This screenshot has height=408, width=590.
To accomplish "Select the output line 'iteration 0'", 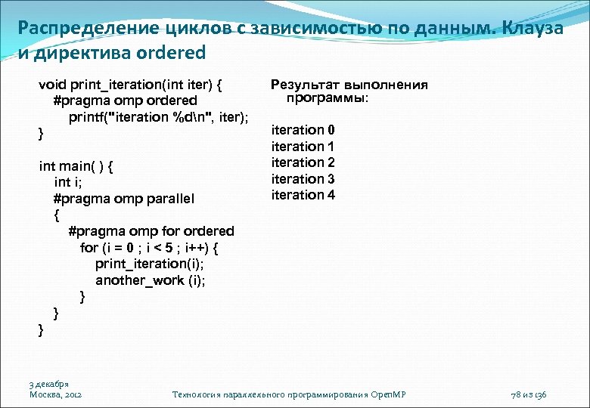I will pos(303,130).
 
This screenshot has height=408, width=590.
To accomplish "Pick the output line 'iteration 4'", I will pos(303,195).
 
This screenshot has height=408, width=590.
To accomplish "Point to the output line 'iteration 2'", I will pos(303,162).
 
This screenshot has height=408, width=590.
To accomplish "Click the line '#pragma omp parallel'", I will pos(124,198).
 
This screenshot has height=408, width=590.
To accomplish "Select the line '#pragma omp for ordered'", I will pos(151,230).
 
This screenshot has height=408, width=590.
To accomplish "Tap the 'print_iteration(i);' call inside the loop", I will pos(150,264).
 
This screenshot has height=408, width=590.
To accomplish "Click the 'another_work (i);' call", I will pos(150,280).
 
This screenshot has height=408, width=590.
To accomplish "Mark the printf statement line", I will pos(159,116).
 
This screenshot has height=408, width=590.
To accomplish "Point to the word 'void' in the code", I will pos(53,84).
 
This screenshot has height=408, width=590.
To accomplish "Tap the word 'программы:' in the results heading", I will pos(328,98).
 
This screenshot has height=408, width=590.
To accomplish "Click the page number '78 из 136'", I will pos(533,394).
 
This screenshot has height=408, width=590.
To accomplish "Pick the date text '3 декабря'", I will pos(50,384).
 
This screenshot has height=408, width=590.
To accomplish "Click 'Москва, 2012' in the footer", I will pos(56,394).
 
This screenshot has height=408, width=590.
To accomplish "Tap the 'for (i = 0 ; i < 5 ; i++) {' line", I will pos(149,247).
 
